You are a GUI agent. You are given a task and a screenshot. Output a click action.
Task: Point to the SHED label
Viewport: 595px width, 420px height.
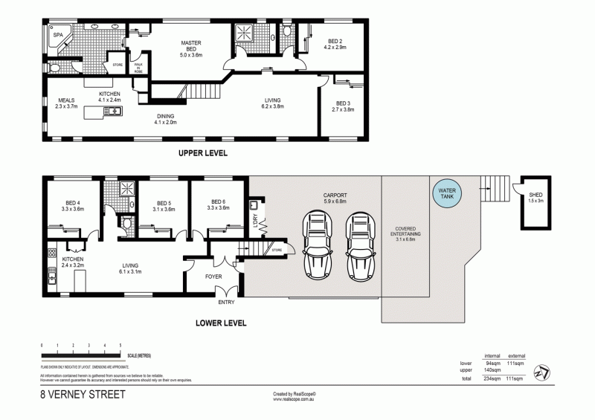click(535, 196)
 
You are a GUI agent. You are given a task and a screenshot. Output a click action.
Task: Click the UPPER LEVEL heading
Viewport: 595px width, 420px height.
click(202, 153)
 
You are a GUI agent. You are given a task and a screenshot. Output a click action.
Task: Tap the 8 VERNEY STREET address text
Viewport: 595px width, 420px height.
click(83, 396)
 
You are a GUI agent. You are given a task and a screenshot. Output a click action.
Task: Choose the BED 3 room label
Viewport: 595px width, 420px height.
click(342, 106)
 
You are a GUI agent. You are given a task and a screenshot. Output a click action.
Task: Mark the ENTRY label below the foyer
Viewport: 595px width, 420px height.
click(226, 303)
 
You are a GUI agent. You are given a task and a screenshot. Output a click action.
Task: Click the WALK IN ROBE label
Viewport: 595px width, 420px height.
click(138, 67)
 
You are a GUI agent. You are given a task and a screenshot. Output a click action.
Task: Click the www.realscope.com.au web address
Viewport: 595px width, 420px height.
click(297, 398)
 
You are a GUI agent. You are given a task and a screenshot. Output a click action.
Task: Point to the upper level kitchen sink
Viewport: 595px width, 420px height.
click(113, 112)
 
